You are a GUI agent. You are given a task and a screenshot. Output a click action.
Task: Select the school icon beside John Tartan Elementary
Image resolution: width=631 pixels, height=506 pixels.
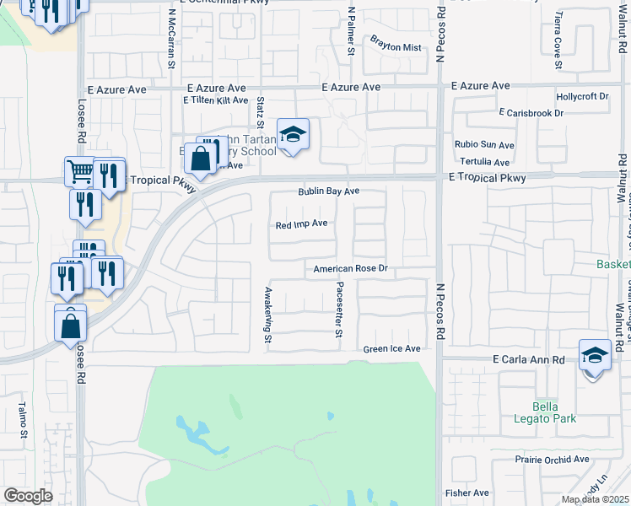click(293, 135)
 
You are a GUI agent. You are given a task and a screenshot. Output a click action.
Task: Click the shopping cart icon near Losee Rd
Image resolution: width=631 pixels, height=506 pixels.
click(79, 172)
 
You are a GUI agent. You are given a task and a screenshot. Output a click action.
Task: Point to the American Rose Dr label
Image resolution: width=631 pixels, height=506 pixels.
click(350, 269)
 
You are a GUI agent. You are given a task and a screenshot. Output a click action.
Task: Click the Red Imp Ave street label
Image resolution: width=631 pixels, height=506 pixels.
click(301, 224)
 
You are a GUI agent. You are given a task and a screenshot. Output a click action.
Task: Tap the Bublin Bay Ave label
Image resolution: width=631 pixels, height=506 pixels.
click(328, 191)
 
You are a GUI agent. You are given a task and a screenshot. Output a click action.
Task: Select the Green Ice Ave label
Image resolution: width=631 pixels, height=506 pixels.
click(391, 349)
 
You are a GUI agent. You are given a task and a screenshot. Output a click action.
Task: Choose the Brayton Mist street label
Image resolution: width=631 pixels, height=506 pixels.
click(395, 48)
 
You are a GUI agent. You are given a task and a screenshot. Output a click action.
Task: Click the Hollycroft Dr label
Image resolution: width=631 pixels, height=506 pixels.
click(582, 97)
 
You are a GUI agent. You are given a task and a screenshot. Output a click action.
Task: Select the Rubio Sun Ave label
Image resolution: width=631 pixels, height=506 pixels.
click(484, 145)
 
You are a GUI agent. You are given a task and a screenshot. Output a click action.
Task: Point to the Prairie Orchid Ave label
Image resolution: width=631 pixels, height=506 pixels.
click(552, 460)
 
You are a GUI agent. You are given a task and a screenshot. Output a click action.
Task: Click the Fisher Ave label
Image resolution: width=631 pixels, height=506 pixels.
click(467, 493)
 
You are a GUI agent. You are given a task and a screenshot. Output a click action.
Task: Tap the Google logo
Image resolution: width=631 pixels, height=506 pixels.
click(28, 496)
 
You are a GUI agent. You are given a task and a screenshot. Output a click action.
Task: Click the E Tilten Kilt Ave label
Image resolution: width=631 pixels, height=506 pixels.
click(216, 100)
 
